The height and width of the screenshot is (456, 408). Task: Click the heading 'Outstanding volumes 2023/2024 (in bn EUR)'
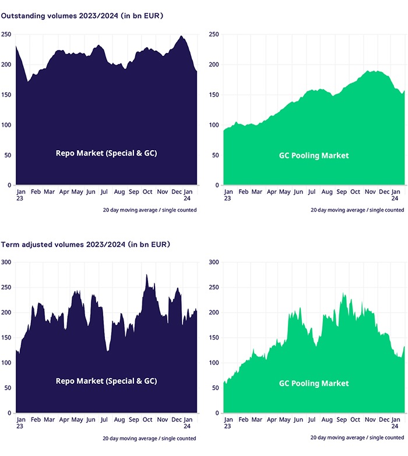(82, 16)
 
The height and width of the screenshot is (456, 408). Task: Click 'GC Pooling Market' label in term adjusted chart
(314, 383)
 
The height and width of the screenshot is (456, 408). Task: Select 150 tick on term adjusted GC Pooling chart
(213, 338)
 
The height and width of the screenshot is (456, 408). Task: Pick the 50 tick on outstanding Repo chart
(8, 155)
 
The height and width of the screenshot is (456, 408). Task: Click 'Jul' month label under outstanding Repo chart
(104, 191)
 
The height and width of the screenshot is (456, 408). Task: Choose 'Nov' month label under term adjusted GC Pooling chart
(370, 419)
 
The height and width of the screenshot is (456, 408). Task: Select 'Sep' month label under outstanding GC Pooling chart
(342, 191)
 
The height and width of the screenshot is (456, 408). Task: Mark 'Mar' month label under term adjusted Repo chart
(50, 419)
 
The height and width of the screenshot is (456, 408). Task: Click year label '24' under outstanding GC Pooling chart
(395, 199)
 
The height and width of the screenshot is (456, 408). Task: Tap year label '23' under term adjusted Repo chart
(20, 426)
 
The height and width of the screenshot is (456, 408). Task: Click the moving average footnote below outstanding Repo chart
(149, 210)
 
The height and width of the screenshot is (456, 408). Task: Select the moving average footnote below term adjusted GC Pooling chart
(357, 438)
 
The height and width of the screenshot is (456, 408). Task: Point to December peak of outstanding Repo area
(182, 36)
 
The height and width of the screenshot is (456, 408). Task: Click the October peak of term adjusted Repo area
(147, 275)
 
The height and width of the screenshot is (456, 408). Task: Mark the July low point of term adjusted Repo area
(108, 351)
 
